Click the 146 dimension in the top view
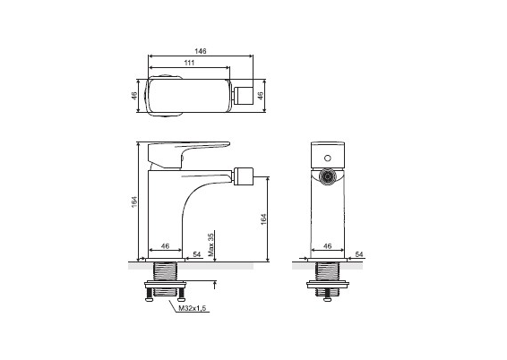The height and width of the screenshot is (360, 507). click(201, 51)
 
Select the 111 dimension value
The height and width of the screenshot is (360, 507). click(189, 63)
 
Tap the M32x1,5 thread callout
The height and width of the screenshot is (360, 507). click(193, 308)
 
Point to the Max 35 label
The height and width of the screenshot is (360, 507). click(211, 244)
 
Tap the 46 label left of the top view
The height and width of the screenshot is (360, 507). click(134, 96)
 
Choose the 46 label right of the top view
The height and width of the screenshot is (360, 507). click(261, 96)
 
